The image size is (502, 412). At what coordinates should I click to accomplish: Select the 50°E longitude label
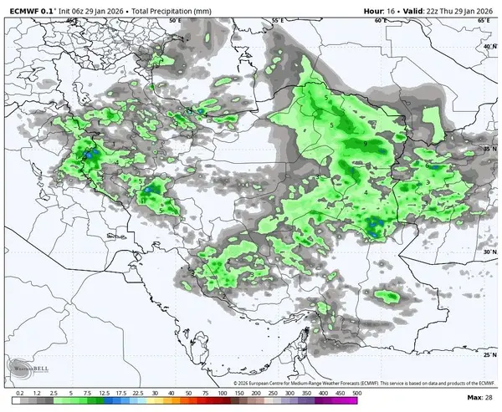click(x=174, y=19)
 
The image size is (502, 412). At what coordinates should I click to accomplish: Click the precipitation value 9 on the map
click(x=366, y=144)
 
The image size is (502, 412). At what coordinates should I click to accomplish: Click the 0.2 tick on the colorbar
click(x=19, y=392)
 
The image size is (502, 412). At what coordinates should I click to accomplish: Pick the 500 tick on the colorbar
click(x=356, y=392)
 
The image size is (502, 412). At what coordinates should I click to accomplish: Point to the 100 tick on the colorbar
click(x=222, y=392)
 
